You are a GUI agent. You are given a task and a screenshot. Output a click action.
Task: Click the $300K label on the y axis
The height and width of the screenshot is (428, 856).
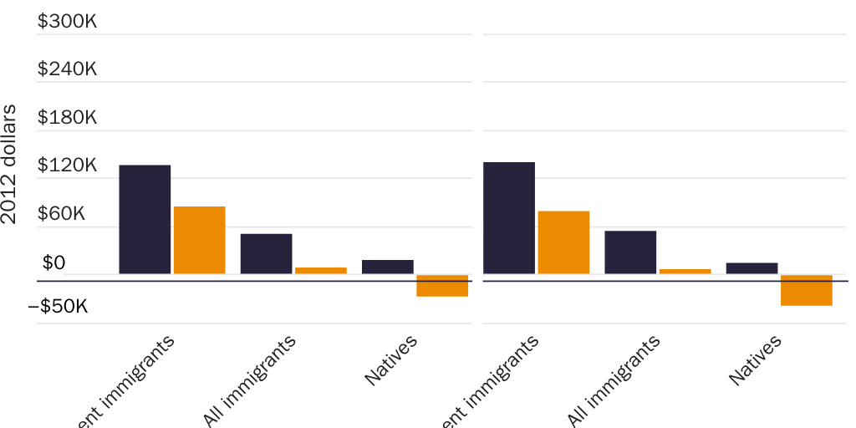click(67, 22)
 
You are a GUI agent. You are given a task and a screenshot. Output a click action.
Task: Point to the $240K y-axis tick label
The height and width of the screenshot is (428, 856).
click(67, 69)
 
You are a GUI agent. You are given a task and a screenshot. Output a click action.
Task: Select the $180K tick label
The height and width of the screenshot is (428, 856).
click(67, 118)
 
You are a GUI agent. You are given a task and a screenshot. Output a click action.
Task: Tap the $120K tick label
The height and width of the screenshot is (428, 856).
click(67, 166)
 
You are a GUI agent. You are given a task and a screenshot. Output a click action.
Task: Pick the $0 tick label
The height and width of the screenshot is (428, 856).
click(53, 263)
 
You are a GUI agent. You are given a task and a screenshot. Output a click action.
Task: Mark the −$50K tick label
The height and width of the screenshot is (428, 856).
click(58, 308)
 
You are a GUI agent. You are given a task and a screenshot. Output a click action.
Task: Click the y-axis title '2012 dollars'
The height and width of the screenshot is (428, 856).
click(10, 164)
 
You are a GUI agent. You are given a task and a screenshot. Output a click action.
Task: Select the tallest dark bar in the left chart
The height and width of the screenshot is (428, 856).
click(145, 219)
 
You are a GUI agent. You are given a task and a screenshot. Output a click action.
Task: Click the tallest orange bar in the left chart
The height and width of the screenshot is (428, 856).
click(199, 240)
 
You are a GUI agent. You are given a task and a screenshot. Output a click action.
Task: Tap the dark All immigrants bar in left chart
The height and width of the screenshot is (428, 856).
click(266, 253)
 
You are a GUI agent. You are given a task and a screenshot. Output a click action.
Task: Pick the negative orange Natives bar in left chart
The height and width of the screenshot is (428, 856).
click(441, 286)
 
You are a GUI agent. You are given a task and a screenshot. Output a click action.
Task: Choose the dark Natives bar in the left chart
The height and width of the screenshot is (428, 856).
click(387, 267)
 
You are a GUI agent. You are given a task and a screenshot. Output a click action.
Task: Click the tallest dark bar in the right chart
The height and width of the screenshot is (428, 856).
click(508, 217)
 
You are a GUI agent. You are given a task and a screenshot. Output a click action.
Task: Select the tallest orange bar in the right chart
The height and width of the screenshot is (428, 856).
click(563, 242)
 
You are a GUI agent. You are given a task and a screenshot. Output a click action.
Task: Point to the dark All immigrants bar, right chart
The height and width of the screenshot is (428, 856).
click(630, 252)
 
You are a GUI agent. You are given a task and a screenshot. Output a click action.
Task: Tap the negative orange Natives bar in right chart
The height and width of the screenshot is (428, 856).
click(806, 290)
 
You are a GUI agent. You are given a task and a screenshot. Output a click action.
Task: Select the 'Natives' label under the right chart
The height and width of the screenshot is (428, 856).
click(756, 359)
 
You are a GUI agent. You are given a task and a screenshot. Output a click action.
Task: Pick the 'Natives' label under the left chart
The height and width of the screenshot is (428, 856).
click(391, 359)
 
